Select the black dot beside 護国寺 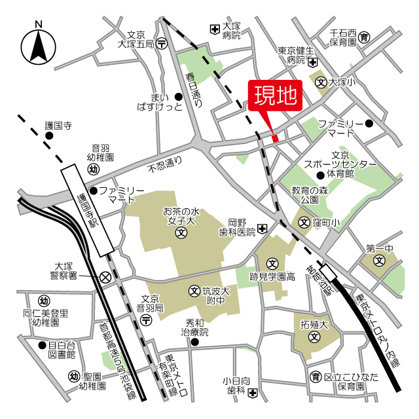(x=48, y=136)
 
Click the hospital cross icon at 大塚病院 (x=215, y=29)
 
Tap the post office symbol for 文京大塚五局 (x=163, y=43)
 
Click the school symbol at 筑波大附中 (x=194, y=291)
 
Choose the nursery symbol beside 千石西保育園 (x=365, y=35)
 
